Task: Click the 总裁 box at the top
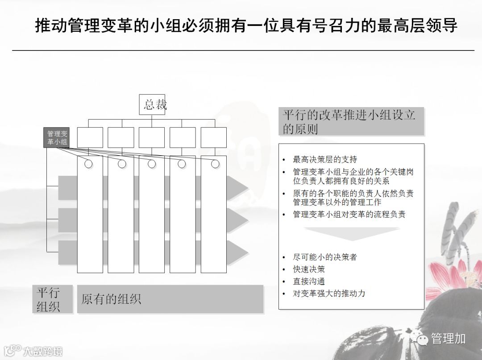coord(152,104)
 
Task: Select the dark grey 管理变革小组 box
coord(57,137)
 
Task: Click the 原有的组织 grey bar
coord(170,299)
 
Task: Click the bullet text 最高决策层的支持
coord(325,159)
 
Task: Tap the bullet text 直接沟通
coord(309,281)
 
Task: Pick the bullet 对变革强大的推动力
coord(329,294)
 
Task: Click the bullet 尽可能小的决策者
coord(325,257)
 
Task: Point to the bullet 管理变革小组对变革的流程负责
coord(349,214)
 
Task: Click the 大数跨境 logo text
coord(42,351)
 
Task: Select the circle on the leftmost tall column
coord(88,164)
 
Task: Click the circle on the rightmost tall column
coord(215,164)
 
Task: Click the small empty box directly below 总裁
coord(152,137)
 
